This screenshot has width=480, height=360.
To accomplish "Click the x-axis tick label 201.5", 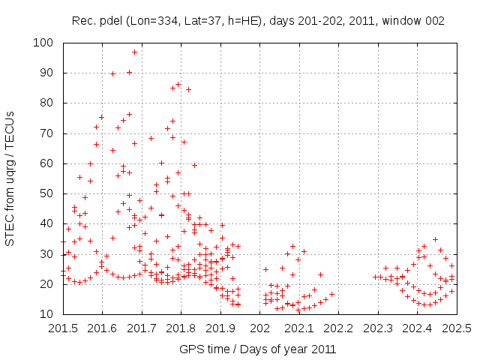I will [62, 328].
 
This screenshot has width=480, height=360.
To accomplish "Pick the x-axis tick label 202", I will [260, 328].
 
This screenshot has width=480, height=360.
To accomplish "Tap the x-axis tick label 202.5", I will [457, 328].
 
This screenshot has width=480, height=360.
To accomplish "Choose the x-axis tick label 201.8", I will [181, 328].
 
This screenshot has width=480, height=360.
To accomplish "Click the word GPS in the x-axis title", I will [190, 349].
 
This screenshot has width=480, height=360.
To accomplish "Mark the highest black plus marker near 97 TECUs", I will [135, 52].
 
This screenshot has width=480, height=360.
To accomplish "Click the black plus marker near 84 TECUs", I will [188, 89].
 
